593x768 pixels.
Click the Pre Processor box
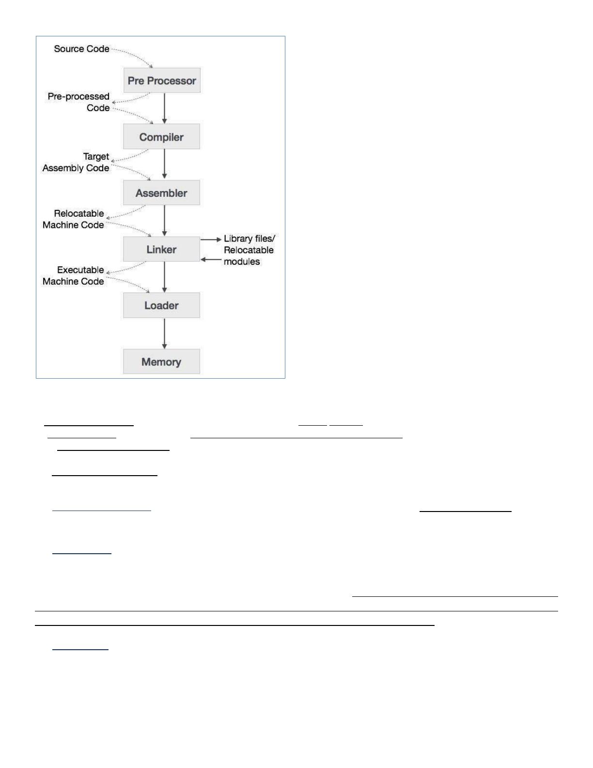click(x=162, y=80)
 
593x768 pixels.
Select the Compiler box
click(x=161, y=136)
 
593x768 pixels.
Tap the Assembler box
click(x=161, y=192)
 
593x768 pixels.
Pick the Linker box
click(x=161, y=249)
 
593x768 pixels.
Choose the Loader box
click(x=161, y=305)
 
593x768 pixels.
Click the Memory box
click(x=161, y=362)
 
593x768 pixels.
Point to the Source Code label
click(x=81, y=49)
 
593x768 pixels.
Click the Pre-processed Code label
click(x=79, y=102)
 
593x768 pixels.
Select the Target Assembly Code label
click(x=76, y=162)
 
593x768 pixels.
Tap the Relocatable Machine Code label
click(x=74, y=219)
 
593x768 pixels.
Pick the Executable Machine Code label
click(x=74, y=276)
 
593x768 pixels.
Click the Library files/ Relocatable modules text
click(x=249, y=250)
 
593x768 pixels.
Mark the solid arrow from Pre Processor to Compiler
click(x=164, y=108)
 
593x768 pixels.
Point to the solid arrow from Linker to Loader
click(x=164, y=277)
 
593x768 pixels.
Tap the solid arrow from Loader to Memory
click(x=164, y=333)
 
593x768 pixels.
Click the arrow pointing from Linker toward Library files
click(x=211, y=240)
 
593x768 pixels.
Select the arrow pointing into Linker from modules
click(x=211, y=260)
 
